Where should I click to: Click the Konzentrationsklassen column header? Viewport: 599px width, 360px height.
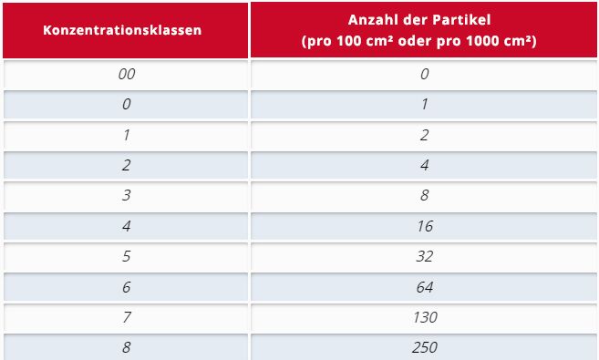click(x=122, y=28)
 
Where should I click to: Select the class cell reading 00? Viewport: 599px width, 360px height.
click(x=126, y=73)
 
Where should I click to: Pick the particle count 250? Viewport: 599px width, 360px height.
click(x=424, y=347)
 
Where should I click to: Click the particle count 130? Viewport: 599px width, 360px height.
click(x=424, y=317)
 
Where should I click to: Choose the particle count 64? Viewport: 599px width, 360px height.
click(x=424, y=286)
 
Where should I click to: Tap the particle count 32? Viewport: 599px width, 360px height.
click(x=424, y=256)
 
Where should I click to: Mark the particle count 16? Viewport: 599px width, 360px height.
click(x=424, y=225)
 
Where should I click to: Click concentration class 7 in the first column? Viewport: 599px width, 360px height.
click(x=126, y=317)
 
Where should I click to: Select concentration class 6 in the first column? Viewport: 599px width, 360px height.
click(x=126, y=286)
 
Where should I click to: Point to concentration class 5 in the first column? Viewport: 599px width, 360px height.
click(x=126, y=256)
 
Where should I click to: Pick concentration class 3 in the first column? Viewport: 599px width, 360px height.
click(x=126, y=195)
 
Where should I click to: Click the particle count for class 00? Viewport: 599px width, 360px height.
click(x=424, y=73)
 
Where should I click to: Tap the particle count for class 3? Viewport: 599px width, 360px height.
click(x=424, y=195)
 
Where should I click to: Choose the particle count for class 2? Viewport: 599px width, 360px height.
click(x=424, y=165)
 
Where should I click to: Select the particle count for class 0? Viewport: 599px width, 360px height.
click(x=424, y=104)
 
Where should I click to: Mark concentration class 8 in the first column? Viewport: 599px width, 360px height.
click(x=126, y=347)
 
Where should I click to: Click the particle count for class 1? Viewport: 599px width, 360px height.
click(x=424, y=134)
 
